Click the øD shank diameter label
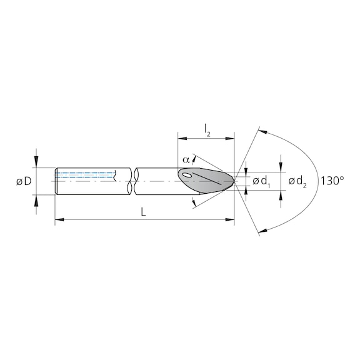[24, 181]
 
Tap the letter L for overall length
[143, 212]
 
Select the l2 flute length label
[206, 129]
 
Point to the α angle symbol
[186, 160]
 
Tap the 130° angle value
[332, 181]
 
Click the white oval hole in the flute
[190, 176]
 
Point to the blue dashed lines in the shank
[86, 176]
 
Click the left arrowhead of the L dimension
[59, 220]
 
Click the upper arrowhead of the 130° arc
[262, 132]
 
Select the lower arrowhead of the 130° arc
[262, 229]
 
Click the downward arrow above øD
[37, 162]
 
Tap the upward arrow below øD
[37, 200]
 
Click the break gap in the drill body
[131, 181]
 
